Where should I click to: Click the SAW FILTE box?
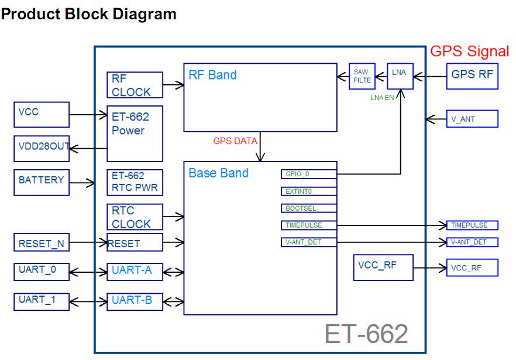(x=362, y=76)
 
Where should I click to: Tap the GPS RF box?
(x=472, y=76)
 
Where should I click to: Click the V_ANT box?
(x=472, y=119)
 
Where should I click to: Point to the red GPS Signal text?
(x=470, y=52)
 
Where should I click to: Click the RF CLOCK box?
(x=135, y=85)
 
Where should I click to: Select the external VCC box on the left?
(x=41, y=114)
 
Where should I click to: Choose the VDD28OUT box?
(x=41, y=149)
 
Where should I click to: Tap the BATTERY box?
(x=41, y=182)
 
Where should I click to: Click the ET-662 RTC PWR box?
(x=135, y=182)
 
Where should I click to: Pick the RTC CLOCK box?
(x=135, y=217)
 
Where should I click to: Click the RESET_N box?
(x=41, y=243)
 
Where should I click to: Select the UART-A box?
(x=135, y=272)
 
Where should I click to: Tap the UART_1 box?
(x=41, y=301)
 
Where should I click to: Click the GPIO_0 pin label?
(x=309, y=174)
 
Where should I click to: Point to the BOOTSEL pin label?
(x=309, y=208)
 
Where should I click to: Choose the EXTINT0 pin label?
(x=309, y=191)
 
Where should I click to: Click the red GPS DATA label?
(x=235, y=141)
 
